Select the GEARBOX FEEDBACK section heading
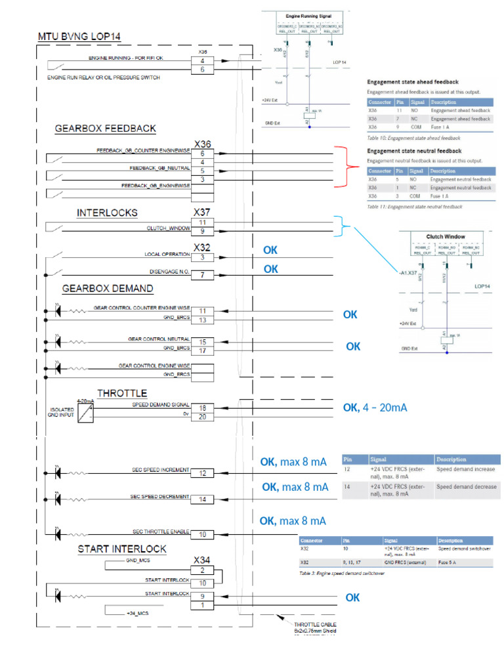tap(105, 129)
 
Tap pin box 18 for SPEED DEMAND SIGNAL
tap(202, 408)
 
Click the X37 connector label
tap(202, 213)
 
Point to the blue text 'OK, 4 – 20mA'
tap(375, 408)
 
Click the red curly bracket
tap(345, 167)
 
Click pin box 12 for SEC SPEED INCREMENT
tap(202, 473)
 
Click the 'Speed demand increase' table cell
tap(466, 469)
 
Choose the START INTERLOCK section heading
tap(121, 548)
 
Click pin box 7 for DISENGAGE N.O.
tap(202, 275)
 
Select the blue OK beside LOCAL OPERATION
tap(270, 250)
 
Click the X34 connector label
tap(202, 560)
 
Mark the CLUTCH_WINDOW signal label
tap(168, 229)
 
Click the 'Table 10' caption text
tap(413, 138)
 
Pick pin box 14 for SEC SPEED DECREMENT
tap(202, 499)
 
